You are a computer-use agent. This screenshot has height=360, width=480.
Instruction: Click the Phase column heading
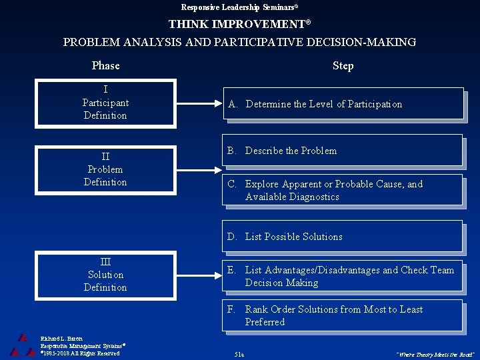tap(105, 65)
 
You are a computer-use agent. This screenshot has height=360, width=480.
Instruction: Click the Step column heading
tap(343, 65)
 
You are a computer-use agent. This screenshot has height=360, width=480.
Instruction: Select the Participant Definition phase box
tap(105, 103)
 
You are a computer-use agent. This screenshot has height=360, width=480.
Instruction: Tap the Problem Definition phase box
tap(105, 169)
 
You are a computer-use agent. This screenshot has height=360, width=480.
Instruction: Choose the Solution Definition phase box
tap(105, 275)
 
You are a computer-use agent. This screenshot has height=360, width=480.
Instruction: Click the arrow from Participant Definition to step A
tap(199, 104)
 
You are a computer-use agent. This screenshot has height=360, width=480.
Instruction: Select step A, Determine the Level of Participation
tap(343, 104)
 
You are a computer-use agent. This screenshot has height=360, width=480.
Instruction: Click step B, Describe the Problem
tap(343, 151)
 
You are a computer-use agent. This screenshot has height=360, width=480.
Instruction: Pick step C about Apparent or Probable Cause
tap(343, 190)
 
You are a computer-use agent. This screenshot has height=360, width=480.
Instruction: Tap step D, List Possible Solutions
tap(343, 237)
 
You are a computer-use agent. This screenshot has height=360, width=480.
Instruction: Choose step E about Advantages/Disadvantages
tap(343, 276)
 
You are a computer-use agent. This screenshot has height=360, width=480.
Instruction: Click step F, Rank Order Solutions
tap(343, 315)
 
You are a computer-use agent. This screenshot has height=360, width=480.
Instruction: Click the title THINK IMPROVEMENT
tap(239, 24)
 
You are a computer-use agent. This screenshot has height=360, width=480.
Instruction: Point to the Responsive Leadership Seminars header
tap(239, 7)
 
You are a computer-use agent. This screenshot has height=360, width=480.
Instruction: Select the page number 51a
tap(239, 354)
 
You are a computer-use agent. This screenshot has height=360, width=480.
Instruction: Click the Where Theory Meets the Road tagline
tap(435, 354)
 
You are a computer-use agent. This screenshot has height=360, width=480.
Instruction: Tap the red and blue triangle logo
tap(23, 345)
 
